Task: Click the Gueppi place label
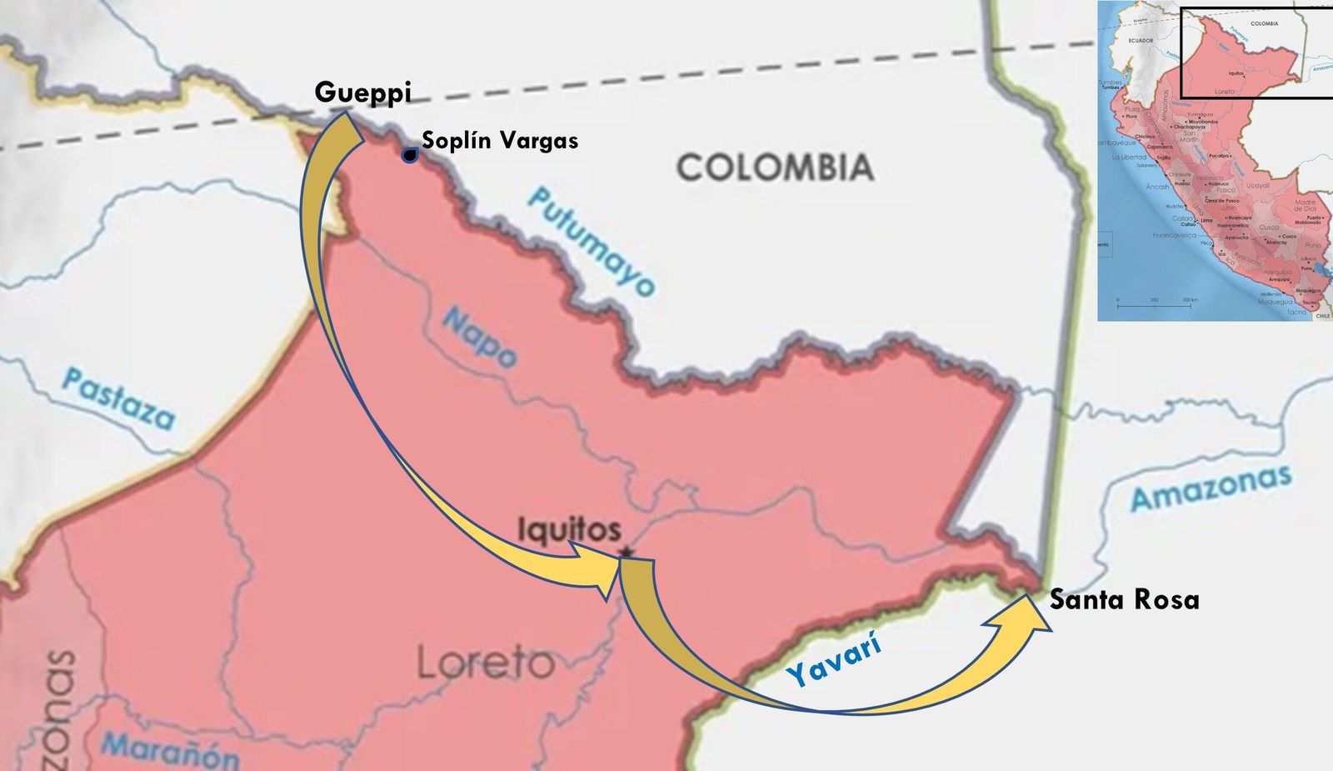(362, 93)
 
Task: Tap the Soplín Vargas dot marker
(410, 155)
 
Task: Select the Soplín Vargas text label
(500, 140)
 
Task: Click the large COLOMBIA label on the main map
(775, 168)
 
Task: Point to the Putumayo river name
(592, 242)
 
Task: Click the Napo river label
(479, 338)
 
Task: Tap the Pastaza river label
(119, 398)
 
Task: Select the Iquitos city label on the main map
(569, 529)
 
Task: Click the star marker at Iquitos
(627, 552)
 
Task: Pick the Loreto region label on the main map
(485, 663)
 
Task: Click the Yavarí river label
(834, 659)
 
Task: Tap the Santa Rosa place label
(1124, 599)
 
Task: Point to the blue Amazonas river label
(1211, 488)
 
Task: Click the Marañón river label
(171, 748)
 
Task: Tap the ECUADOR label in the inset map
(1141, 40)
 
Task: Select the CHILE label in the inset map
(1322, 316)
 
